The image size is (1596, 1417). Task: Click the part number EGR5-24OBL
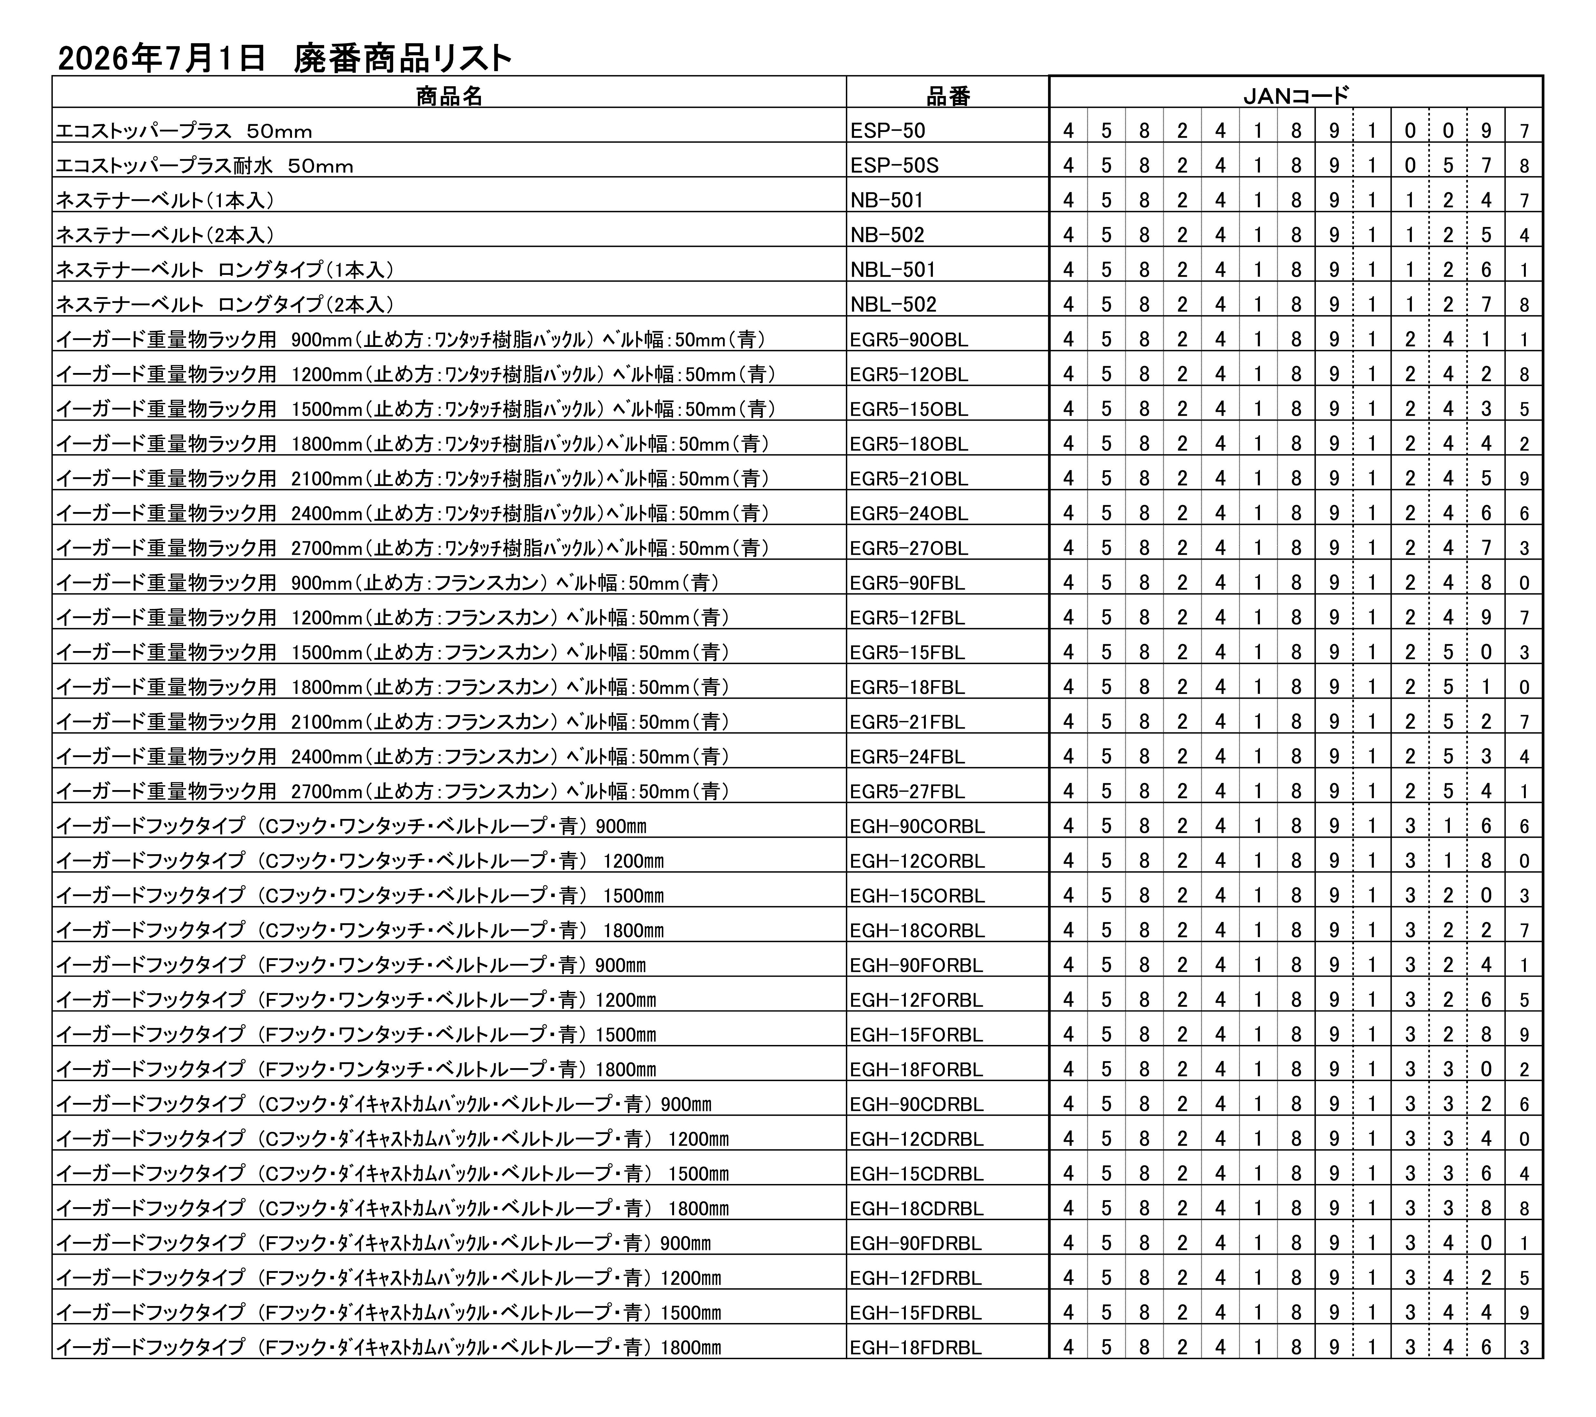909,514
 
